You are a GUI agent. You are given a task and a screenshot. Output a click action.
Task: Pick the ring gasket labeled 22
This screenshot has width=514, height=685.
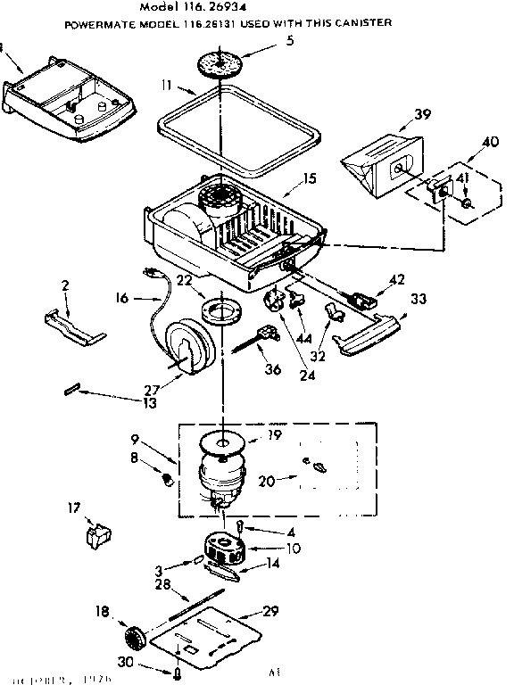coord(219,311)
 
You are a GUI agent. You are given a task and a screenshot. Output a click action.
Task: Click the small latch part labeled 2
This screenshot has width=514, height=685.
coord(74,325)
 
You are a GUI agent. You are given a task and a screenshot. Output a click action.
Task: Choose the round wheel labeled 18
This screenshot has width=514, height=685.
coord(132,639)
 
